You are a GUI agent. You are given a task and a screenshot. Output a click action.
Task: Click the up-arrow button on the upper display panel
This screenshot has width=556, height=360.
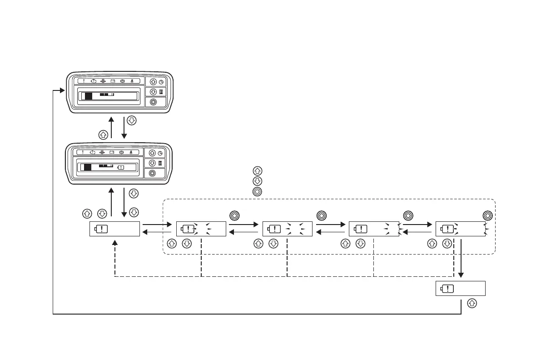(x=153, y=82)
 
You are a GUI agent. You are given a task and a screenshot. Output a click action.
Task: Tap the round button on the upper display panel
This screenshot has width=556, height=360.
(x=153, y=102)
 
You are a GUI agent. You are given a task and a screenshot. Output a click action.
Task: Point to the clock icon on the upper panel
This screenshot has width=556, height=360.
(x=161, y=82)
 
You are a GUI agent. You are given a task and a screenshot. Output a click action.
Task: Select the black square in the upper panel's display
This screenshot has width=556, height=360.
(x=89, y=96)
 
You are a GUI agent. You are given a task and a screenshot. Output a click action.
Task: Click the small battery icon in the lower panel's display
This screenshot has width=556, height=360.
(x=120, y=167)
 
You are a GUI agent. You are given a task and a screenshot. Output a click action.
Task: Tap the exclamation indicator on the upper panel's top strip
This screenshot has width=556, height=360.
(x=84, y=81)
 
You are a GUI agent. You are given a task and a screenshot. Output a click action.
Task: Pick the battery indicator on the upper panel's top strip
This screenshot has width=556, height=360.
(x=112, y=81)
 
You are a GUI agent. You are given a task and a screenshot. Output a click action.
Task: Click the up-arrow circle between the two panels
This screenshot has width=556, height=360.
(x=103, y=135)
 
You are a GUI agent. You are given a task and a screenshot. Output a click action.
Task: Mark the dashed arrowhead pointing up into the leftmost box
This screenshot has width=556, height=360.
(x=114, y=242)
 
